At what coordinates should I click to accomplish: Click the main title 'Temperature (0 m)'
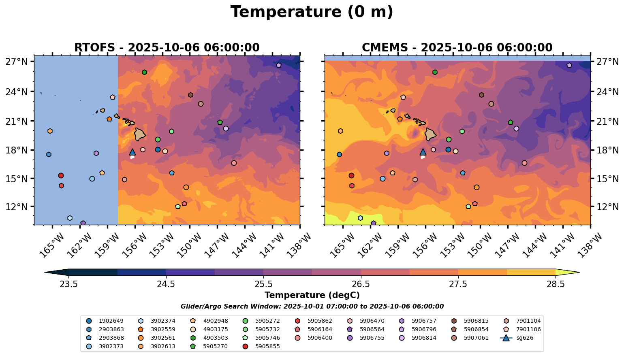pos(312,12)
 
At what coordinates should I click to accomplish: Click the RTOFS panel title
pos(167,48)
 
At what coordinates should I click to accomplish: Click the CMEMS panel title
pos(457,48)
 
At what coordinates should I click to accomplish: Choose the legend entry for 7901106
pos(528,329)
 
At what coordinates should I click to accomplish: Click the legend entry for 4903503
pos(215,329)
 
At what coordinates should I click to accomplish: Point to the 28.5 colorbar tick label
pos(556,284)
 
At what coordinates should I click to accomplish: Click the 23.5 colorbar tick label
pos(68,284)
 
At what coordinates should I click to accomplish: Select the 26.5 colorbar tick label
pos(361,284)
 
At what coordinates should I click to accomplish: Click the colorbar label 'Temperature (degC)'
pos(312,295)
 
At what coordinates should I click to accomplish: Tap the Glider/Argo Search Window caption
pos(312,307)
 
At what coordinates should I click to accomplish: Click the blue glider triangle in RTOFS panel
pos(132,152)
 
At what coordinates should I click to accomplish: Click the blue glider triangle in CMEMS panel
pos(423,152)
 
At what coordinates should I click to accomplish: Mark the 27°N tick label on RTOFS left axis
pos(17,62)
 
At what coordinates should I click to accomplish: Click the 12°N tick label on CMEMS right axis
pos(607,207)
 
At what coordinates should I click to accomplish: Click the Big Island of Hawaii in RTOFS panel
pos(140,134)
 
